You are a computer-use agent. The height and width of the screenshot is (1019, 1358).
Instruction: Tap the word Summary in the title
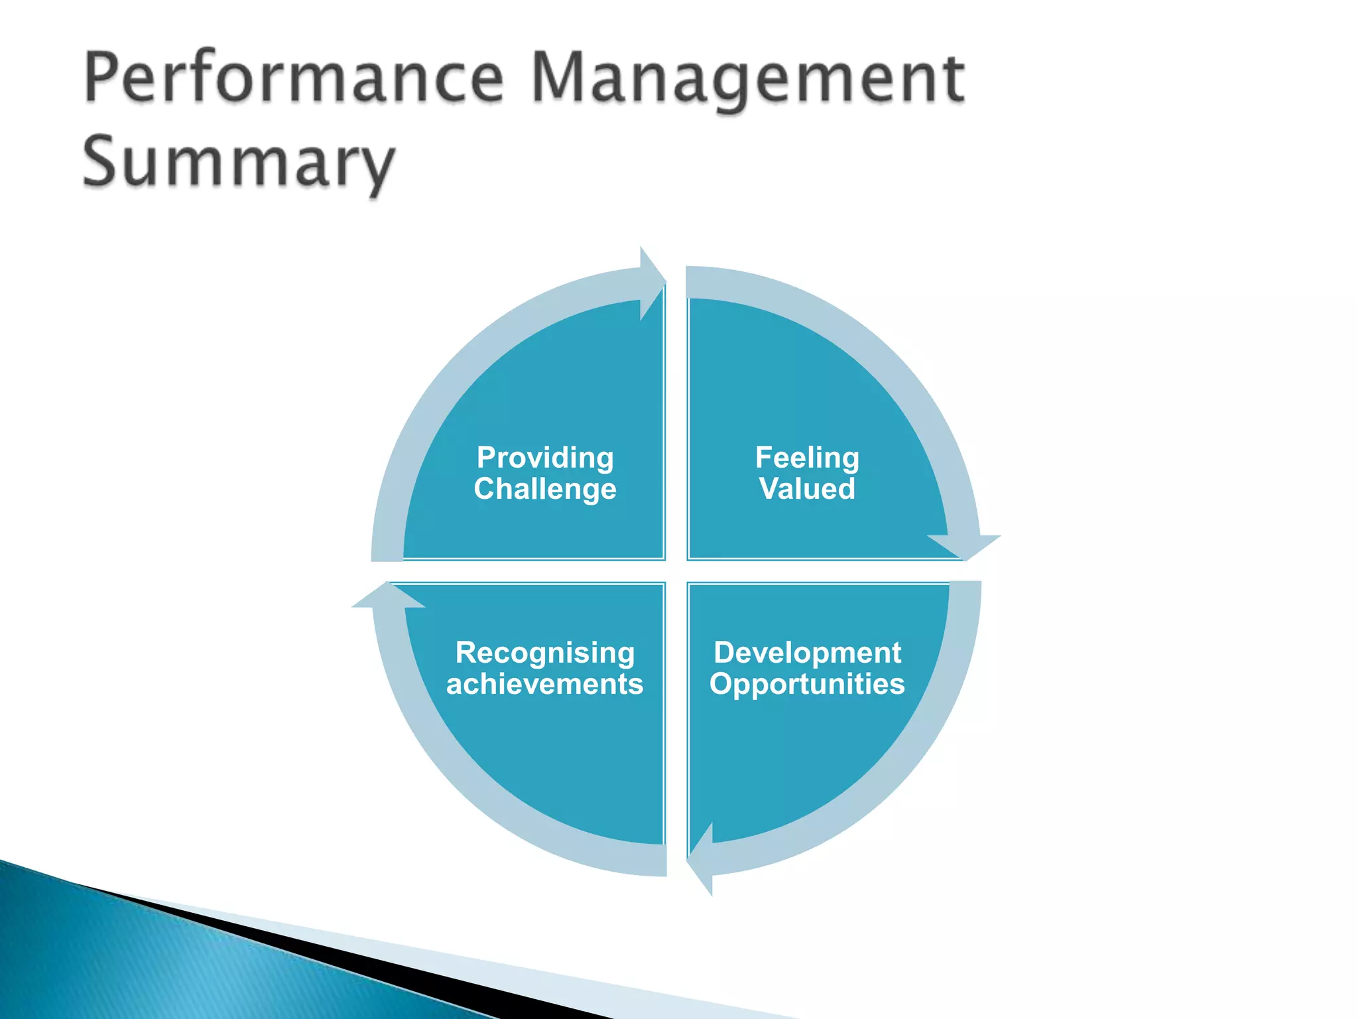(239, 163)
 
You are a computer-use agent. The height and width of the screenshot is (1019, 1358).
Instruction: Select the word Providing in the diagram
(545, 458)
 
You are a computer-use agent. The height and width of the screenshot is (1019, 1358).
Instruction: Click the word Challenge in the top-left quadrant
(545, 489)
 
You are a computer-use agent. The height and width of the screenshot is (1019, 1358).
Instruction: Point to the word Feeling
(807, 458)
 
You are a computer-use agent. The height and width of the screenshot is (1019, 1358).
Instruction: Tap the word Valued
(807, 489)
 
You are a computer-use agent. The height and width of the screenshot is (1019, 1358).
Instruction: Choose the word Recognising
(545, 653)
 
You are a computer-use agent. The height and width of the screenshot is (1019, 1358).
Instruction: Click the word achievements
(545, 684)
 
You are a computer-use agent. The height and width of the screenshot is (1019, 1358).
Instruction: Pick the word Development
(807, 653)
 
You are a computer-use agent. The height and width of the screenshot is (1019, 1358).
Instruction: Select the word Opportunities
(807, 684)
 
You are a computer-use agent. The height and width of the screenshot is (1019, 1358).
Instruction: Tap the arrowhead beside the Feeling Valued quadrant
(965, 545)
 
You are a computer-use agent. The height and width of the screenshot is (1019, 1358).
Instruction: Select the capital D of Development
(724, 653)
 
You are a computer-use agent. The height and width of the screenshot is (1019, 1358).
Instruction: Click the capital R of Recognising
(466, 653)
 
